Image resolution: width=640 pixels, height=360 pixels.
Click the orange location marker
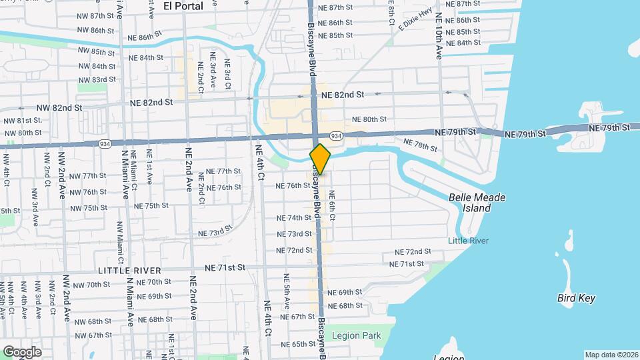coord(320,159)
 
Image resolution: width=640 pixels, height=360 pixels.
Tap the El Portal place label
coord(183,6)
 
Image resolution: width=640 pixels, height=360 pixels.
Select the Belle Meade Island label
coord(477,203)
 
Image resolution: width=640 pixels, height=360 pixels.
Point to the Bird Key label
coord(576,298)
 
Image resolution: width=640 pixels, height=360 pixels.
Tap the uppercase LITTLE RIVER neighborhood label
coord(129,270)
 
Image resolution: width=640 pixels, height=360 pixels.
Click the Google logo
coord(22,351)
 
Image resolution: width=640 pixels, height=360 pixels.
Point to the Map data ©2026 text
coord(611,355)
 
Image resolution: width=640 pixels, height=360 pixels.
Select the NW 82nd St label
coord(59,107)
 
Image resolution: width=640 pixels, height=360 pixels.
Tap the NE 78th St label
coord(419,143)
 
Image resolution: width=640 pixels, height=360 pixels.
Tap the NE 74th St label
coord(295,218)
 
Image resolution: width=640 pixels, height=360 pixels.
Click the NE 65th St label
coord(297,344)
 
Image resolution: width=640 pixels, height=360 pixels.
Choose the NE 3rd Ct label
coord(227,71)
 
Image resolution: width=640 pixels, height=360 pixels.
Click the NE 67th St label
coord(297,317)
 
